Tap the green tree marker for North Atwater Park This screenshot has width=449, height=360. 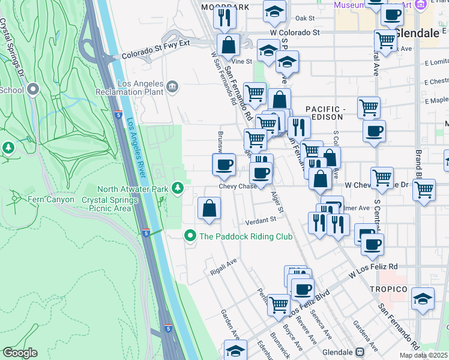pos(178,189)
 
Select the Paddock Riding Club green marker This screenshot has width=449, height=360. pos(190,236)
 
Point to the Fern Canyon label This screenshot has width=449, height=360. pos(50,199)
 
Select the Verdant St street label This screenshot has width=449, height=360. pos(262,220)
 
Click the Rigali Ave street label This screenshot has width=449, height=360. pos(224,268)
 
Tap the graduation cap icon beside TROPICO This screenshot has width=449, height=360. pos(423,298)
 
